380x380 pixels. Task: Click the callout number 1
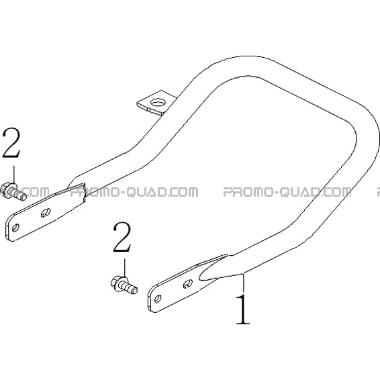[x=243, y=310]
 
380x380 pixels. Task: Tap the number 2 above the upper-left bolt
[x=11, y=143]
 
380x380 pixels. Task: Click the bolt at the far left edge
[x=13, y=191]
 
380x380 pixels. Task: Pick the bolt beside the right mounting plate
[x=124, y=285]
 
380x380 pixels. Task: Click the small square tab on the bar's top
[x=156, y=102]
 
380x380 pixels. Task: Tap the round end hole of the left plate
[x=15, y=228]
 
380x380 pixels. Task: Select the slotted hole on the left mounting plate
[x=46, y=213]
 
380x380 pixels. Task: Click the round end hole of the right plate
[x=158, y=298]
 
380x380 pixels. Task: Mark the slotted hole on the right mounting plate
[x=188, y=283]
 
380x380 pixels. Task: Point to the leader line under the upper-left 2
[x=14, y=175]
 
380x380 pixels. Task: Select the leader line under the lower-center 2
[x=125, y=268]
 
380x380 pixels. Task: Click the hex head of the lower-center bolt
[x=116, y=282]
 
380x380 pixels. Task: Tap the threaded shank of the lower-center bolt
[x=130, y=287]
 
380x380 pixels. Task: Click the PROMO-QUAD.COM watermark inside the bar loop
[x=287, y=192]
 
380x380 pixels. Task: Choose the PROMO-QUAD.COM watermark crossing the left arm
[x=134, y=192]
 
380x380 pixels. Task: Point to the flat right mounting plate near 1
[x=187, y=284]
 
